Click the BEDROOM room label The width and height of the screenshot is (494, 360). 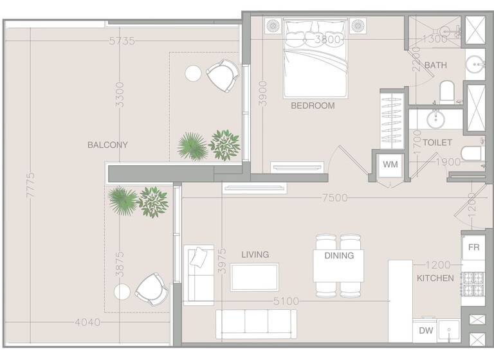(x=313, y=105)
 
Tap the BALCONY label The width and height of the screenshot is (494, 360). (x=107, y=145)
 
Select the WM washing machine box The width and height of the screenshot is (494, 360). (x=390, y=165)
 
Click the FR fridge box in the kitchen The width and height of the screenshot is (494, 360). (x=474, y=248)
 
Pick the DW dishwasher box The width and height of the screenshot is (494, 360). (x=426, y=330)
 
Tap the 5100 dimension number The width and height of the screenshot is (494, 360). (x=286, y=301)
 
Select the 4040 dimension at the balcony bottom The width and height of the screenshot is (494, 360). (x=87, y=322)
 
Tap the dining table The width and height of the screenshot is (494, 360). (x=339, y=265)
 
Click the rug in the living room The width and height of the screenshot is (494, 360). (x=254, y=277)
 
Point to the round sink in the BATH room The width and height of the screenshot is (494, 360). (x=475, y=64)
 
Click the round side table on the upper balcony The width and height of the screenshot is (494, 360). (x=193, y=73)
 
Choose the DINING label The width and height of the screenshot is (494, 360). (x=339, y=255)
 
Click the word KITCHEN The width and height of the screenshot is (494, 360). (x=435, y=278)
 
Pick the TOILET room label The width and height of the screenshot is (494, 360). (x=437, y=142)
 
